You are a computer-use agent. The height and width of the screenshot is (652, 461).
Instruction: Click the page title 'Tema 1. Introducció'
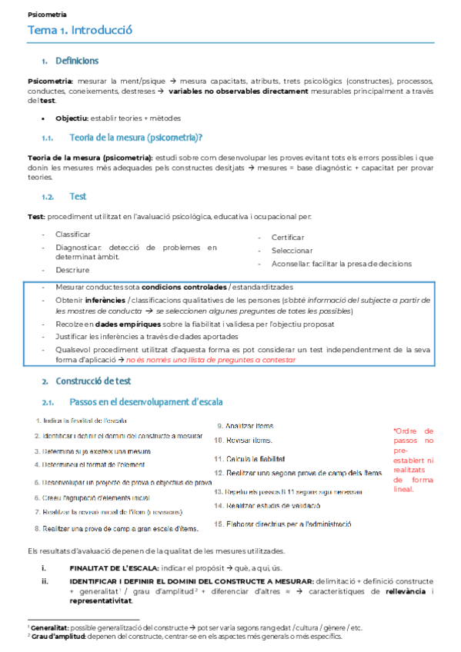point(80,31)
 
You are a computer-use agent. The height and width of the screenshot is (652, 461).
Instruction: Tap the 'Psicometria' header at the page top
point(47,14)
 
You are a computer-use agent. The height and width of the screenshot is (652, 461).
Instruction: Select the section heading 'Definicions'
point(76,61)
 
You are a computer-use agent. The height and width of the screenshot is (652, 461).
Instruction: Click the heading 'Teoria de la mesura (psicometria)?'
point(135,138)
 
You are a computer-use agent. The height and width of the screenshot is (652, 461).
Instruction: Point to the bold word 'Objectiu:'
point(72,118)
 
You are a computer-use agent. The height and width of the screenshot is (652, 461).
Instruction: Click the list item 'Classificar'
point(73,234)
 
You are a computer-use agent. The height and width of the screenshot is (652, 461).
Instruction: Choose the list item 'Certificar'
point(287,238)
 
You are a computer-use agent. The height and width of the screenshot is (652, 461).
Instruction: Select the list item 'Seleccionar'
point(292,251)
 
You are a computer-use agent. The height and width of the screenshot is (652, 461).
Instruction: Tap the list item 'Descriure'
point(72,270)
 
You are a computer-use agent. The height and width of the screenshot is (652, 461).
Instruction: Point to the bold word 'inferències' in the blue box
point(105,299)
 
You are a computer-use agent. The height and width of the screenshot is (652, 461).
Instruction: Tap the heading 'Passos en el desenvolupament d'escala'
point(139,401)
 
